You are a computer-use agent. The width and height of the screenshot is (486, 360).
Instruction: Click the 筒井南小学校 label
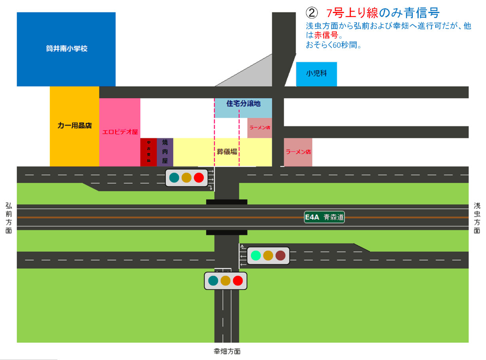[66, 49]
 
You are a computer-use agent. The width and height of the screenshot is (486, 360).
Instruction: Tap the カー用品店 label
[74, 126]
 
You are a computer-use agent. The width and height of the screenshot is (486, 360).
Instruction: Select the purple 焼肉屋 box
[165, 152]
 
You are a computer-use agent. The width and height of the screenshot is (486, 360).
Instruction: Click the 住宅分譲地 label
[243, 104]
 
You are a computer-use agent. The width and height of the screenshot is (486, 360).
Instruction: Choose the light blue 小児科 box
[316, 74]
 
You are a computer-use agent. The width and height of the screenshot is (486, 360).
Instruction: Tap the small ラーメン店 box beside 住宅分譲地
[260, 128]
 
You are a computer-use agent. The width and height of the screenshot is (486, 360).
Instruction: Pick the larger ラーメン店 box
[298, 152]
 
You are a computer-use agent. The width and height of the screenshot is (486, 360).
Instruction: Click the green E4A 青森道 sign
[324, 217]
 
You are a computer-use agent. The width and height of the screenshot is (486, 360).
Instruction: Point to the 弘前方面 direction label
[9, 218]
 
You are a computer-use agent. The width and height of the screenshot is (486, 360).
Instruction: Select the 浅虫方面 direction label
[477, 218]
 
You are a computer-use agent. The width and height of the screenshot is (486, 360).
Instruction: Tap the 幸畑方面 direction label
[227, 351]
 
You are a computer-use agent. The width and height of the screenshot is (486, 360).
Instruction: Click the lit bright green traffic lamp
[256, 255]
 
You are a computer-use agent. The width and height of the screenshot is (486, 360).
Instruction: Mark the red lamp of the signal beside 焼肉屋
[199, 177]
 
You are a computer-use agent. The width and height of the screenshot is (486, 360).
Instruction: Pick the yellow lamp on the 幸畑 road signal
[226, 281]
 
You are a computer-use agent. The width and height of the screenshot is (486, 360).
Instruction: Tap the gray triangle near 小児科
[253, 75]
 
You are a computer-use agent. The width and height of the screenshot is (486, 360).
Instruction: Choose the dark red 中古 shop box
[148, 152]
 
